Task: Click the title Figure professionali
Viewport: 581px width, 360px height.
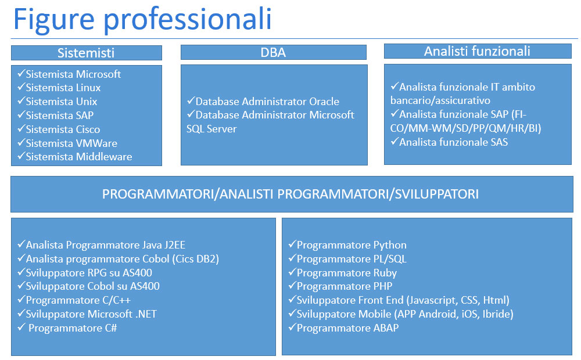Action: (142, 19)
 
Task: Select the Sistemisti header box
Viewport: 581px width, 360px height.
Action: (87, 53)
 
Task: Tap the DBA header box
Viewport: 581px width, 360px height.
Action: (274, 52)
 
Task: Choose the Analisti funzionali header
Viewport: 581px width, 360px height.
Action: (478, 51)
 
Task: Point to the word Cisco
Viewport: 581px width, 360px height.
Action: (88, 129)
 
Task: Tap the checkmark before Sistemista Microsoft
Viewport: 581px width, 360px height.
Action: (21, 73)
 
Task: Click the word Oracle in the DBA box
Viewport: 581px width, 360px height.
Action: (324, 102)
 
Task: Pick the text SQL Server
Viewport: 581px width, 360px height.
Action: (211, 129)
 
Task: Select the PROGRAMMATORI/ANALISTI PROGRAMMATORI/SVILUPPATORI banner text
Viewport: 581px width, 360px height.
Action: (290, 194)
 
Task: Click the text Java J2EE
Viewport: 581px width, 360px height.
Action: (164, 245)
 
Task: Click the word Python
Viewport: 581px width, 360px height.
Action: (390, 246)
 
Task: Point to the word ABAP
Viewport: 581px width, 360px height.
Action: (386, 328)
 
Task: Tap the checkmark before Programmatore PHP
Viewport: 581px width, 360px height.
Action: (292, 286)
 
